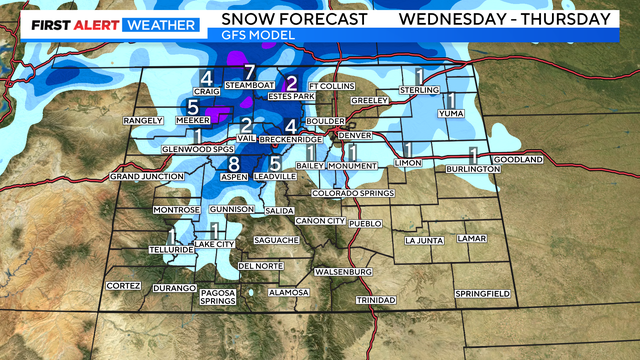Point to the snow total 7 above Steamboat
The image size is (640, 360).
(x=250, y=72)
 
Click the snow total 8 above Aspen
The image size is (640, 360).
(x=234, y=163)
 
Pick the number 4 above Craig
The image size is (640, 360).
(x=206, y=80)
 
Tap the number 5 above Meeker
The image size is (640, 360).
(x=192, y=107)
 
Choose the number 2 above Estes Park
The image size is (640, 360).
(x=291, y=84)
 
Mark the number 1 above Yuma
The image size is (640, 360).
(x=451, y=100)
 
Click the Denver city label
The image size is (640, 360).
(x=355, y=135)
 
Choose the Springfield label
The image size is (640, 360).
(x=483, y=293)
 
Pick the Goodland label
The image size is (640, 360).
(x=518, y=160)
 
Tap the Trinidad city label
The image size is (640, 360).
(x=377, y=300)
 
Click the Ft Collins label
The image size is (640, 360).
(x=328, y=86)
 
